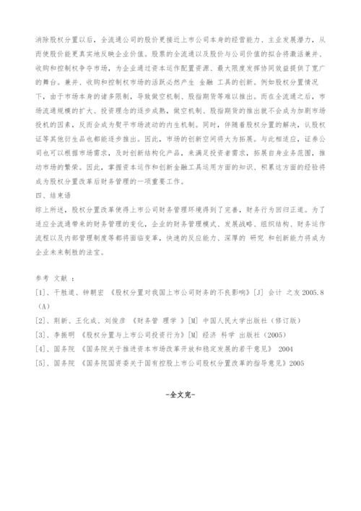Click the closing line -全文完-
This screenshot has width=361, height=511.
[x=180, y=395]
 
